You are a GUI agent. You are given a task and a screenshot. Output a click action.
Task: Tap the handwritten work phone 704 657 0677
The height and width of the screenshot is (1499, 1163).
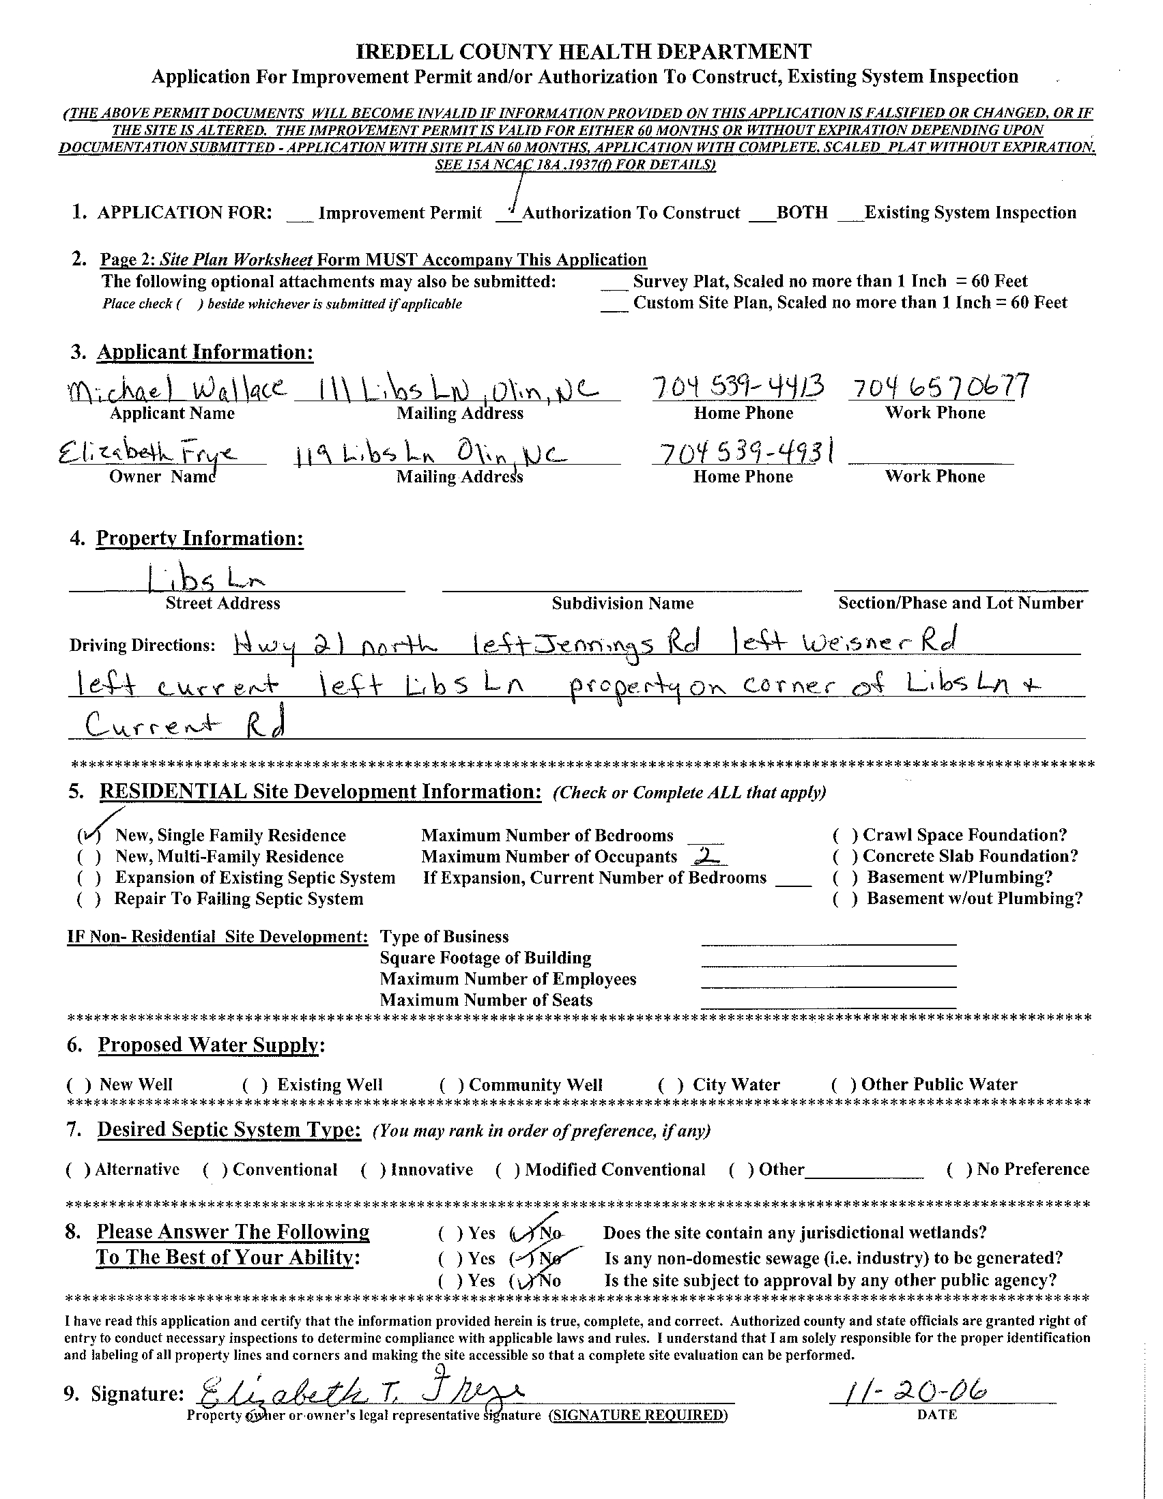tap(939, 387)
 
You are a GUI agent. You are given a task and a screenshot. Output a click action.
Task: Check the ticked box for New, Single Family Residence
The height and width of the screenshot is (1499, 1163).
tap(89, 835)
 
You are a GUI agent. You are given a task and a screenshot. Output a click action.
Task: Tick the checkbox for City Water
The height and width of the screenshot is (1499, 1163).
tap(670, 1085)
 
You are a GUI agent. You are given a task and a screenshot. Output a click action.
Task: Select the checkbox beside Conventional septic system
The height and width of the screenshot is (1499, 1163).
tap(215, 1170)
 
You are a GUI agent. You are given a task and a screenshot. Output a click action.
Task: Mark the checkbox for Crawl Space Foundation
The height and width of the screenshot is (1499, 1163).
tap(845, 835)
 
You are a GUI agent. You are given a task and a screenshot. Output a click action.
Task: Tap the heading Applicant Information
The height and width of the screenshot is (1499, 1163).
tap(205, 352)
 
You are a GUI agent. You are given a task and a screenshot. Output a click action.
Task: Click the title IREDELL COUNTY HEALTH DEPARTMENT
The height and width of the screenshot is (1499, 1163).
tap(584, 51)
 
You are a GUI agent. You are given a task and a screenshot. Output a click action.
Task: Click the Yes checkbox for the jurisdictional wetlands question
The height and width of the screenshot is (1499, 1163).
tap(450, 1234)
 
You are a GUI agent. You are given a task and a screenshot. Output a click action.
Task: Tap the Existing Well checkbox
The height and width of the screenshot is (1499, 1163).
tap(255, 1085)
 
